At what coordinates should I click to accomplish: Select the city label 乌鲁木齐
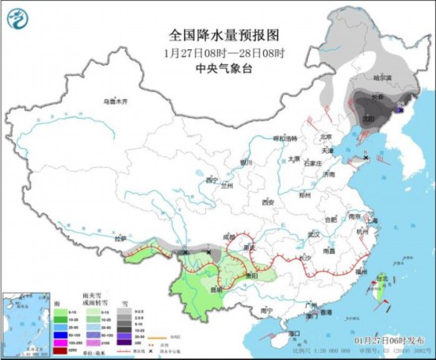pos(115,102)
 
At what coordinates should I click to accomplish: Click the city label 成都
pos(230,236)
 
